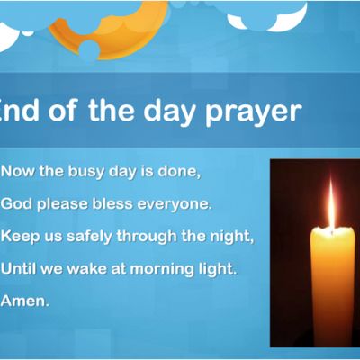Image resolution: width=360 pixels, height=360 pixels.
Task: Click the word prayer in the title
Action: pos(253,112)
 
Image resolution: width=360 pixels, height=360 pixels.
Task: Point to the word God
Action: pos(16,204)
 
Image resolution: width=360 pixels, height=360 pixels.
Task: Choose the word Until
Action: pos(19,268)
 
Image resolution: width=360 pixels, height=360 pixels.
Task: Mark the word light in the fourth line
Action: pos(218,269)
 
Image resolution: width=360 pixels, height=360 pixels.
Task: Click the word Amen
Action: pos(25,301)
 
